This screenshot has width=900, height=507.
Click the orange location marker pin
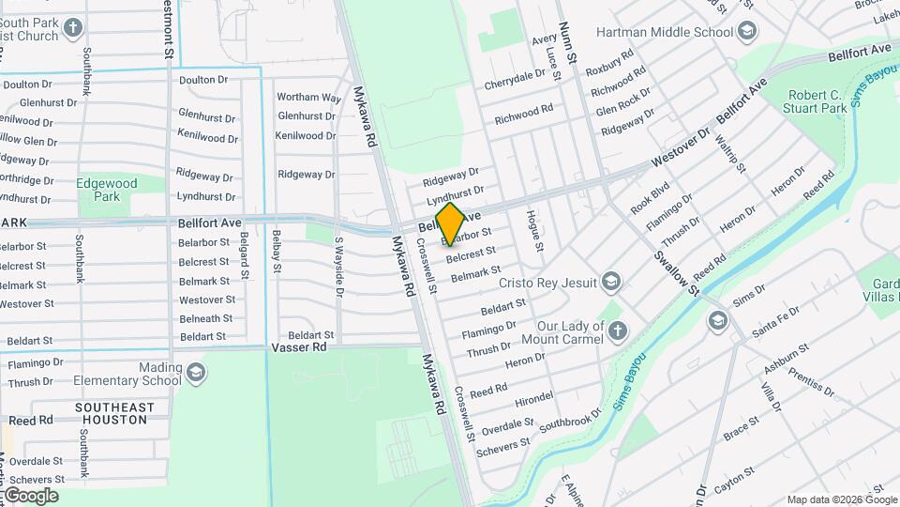[x=450, y=223]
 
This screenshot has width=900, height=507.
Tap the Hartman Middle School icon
[x=747, y=32]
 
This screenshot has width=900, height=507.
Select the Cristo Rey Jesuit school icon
[x=611, y=281]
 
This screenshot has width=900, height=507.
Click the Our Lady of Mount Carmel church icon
[x=617, y=330]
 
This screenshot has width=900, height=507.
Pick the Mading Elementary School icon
[x=196, y=374]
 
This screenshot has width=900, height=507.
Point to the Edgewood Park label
[x=107, y=190]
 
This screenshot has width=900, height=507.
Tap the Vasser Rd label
[x=298, y=346]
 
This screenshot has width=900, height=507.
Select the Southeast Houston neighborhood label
[x=114, y=413]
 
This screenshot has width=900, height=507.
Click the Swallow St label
[x=677, y=271]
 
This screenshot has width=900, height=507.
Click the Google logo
[x=30, y=495]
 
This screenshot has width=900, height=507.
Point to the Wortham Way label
[x=308, y=97]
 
